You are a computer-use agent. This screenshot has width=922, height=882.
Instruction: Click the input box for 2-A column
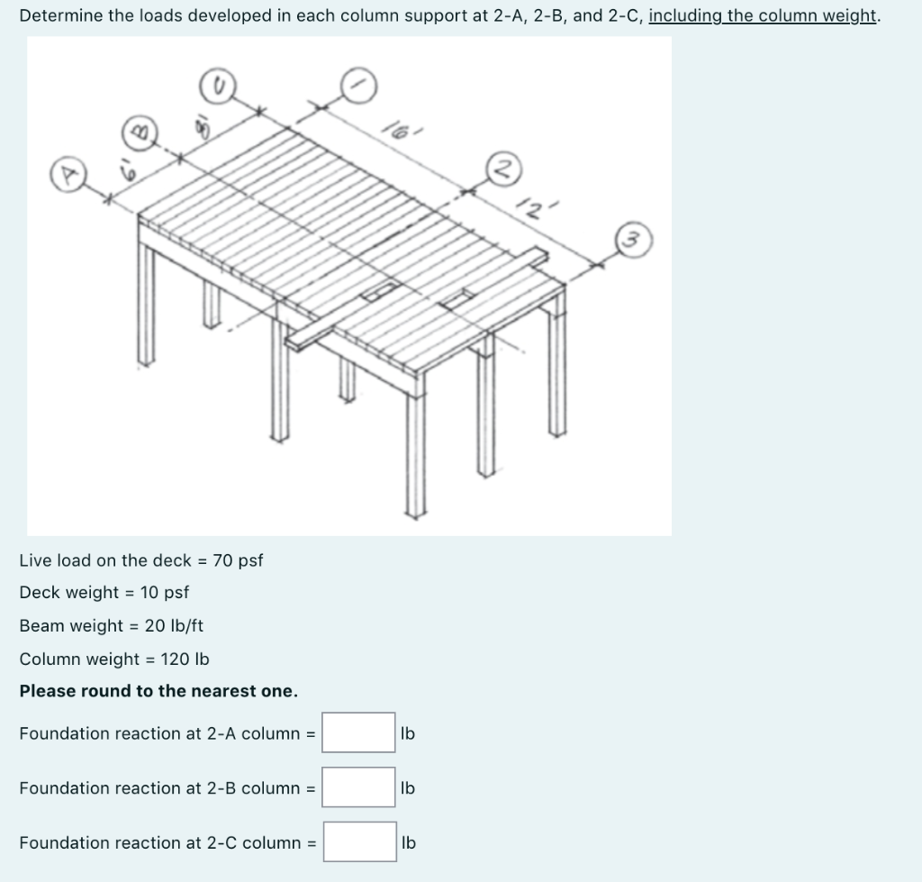pyautogui.click(x=359, y=732)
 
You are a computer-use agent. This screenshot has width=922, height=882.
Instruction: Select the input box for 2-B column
pyautogui.click(x=359, y=787)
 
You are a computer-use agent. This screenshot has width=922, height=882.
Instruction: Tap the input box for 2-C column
pyautogui.click(x=359, y=842)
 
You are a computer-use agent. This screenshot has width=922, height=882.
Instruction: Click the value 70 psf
pyautogui.click(x=238, y=560)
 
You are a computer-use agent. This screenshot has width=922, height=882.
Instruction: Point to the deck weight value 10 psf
pyautogui.click(x=165, y=592)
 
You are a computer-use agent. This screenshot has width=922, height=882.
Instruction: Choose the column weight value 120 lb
pyautogui.click(x=185, y=659)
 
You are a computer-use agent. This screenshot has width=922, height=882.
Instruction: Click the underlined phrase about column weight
pyautogui.click(x=762, y=16)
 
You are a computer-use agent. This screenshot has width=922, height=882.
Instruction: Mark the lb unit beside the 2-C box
pyautogui.click(x=408, y=843)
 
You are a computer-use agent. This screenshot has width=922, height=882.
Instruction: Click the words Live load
pyautogui.click(x=56, y=560)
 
